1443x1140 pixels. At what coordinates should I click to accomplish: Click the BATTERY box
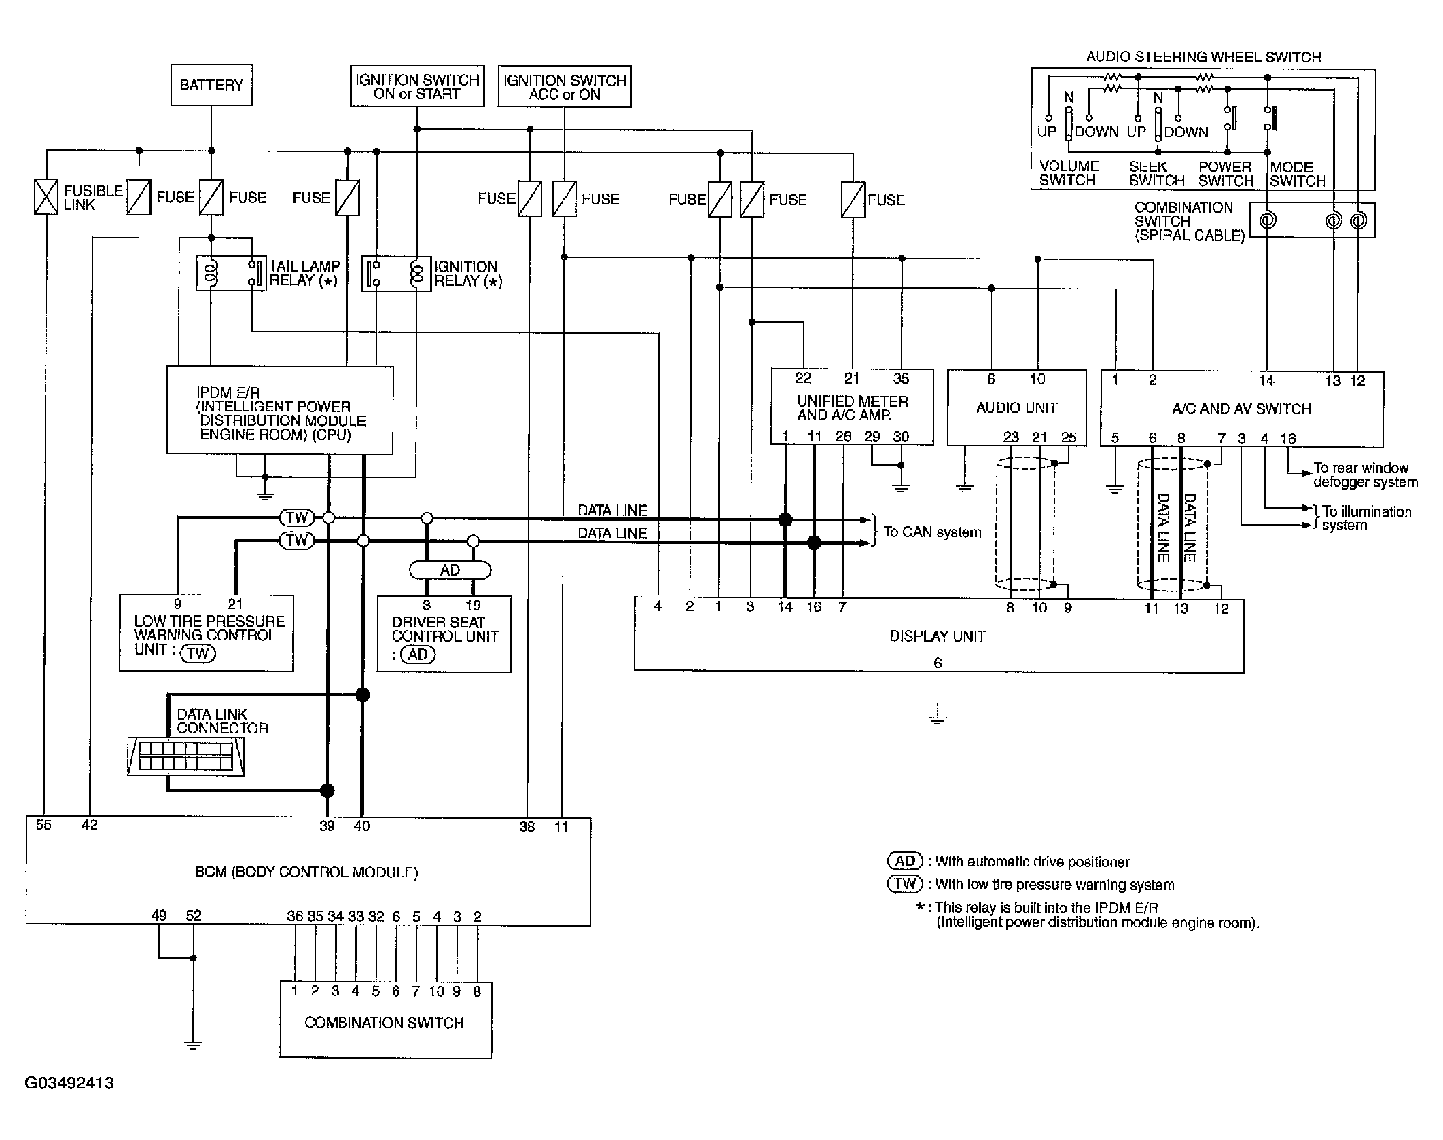(211, 85)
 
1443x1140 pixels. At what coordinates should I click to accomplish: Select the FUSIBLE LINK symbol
(46, 197)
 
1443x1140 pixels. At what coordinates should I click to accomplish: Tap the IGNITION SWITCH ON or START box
(417, 86)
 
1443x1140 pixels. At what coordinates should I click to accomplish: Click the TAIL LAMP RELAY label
(304, 273)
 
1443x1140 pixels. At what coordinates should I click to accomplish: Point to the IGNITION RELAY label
(467, 274)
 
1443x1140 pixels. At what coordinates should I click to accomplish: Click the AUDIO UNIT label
(1016, 408)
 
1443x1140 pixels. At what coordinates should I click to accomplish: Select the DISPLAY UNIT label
(937, 636)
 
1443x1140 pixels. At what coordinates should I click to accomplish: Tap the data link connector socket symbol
(186, 756)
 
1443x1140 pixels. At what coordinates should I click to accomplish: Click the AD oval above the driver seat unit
(450, 570)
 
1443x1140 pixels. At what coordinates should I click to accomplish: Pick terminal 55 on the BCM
(43, 825)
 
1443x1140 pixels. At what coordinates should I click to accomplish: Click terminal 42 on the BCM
(90, 825)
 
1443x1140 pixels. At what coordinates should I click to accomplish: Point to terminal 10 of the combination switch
(436, 992)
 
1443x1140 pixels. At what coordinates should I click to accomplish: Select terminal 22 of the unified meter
(803, 379)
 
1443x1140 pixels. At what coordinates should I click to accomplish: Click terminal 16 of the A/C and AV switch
(1288, 439)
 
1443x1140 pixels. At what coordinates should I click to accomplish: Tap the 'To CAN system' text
(932, 532)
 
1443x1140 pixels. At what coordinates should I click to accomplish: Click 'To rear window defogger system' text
(1364, 475)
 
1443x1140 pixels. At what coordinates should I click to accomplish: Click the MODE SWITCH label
(1297, 174)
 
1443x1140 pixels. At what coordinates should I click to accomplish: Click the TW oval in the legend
(905, 884)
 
